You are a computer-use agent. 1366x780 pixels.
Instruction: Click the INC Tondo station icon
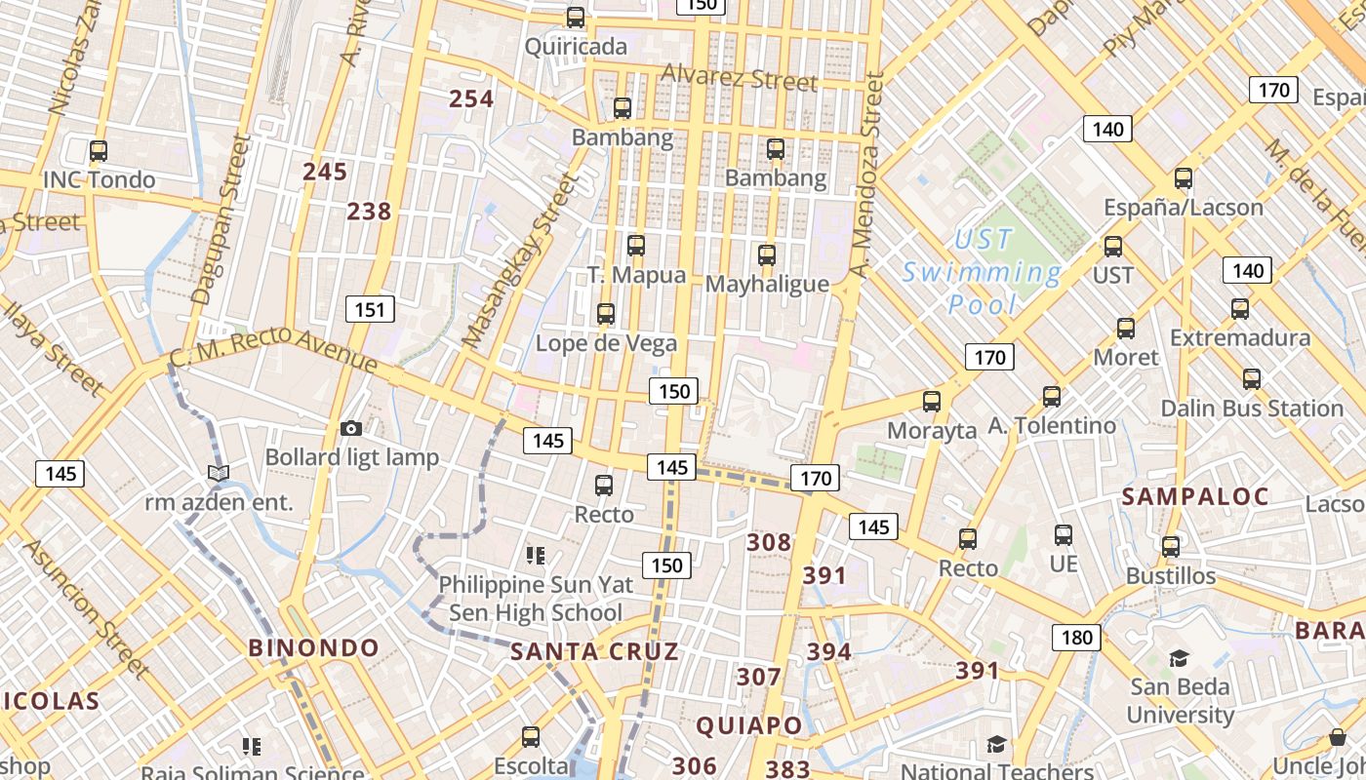98,151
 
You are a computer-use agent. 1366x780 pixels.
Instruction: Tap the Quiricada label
576,47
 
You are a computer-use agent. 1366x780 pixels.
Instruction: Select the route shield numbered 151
369,310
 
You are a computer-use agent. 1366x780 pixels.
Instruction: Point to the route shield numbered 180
1076,638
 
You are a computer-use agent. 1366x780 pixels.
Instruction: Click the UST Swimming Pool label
982,272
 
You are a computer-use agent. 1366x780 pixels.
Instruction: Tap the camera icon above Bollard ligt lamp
351,428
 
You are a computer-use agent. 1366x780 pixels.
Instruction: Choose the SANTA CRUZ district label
594,651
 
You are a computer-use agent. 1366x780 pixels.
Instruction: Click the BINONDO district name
313,647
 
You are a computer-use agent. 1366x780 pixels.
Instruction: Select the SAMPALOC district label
1194,496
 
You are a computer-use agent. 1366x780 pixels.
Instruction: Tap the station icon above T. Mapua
636,246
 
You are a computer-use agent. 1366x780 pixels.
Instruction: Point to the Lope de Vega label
606,343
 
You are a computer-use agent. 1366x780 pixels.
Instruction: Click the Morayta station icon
932,401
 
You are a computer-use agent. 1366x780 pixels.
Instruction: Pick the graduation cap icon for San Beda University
1180,658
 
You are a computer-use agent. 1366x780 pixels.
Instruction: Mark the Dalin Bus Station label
1252,409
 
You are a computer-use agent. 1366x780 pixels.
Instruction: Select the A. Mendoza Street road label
865,175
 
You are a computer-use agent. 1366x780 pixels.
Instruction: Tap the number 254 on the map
471,98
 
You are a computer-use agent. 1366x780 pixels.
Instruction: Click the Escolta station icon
531,736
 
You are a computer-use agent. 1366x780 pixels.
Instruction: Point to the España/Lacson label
1183,207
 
